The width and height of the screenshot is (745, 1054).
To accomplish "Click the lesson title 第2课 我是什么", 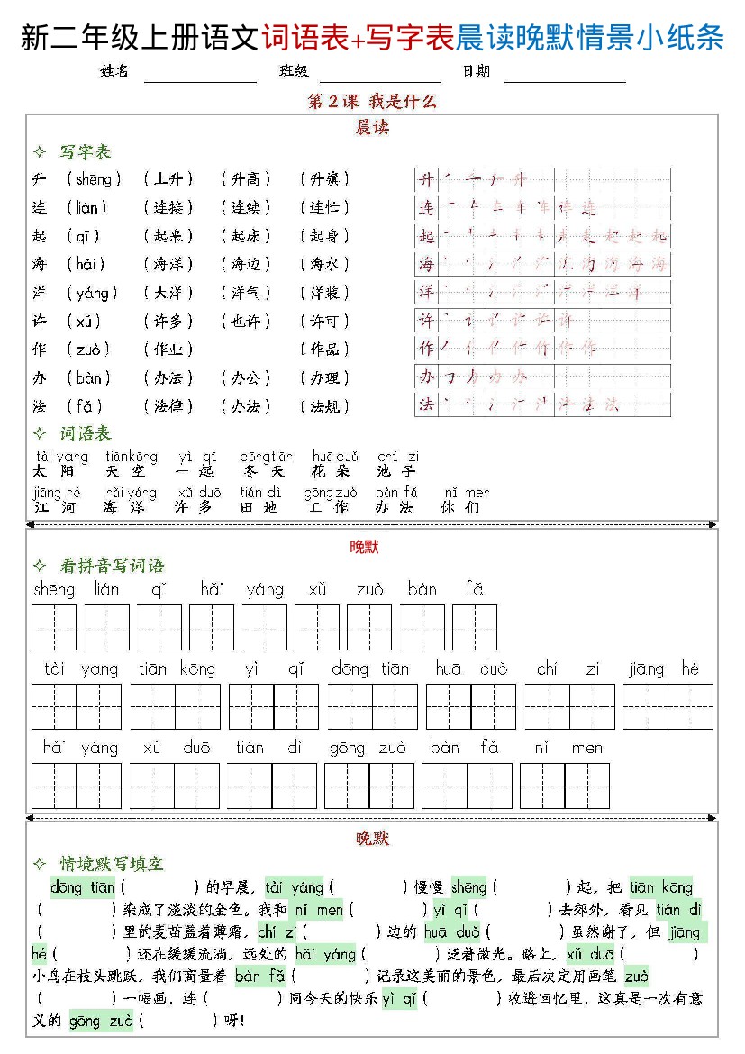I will (372, 102).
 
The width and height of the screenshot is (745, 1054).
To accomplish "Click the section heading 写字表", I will (85, 152).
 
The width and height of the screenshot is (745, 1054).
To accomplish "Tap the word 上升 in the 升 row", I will (168, 179).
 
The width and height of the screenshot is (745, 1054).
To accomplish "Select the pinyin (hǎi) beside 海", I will (91, 264).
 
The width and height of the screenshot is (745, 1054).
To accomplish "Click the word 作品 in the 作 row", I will (324, 350).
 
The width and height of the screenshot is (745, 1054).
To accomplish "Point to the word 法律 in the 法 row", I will (168, 406).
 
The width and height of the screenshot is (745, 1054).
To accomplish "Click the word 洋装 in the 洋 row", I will (324, 293).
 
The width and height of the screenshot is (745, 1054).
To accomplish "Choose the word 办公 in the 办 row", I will (246, 378).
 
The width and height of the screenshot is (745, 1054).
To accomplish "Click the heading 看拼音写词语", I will (112, 566).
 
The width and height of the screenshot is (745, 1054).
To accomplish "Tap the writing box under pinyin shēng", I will (54, 627).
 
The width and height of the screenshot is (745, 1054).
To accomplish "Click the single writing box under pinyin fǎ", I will (475, 627).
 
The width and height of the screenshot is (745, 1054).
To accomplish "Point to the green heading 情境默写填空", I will (112, 864).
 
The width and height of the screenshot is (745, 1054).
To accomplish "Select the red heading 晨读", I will (372, 128).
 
